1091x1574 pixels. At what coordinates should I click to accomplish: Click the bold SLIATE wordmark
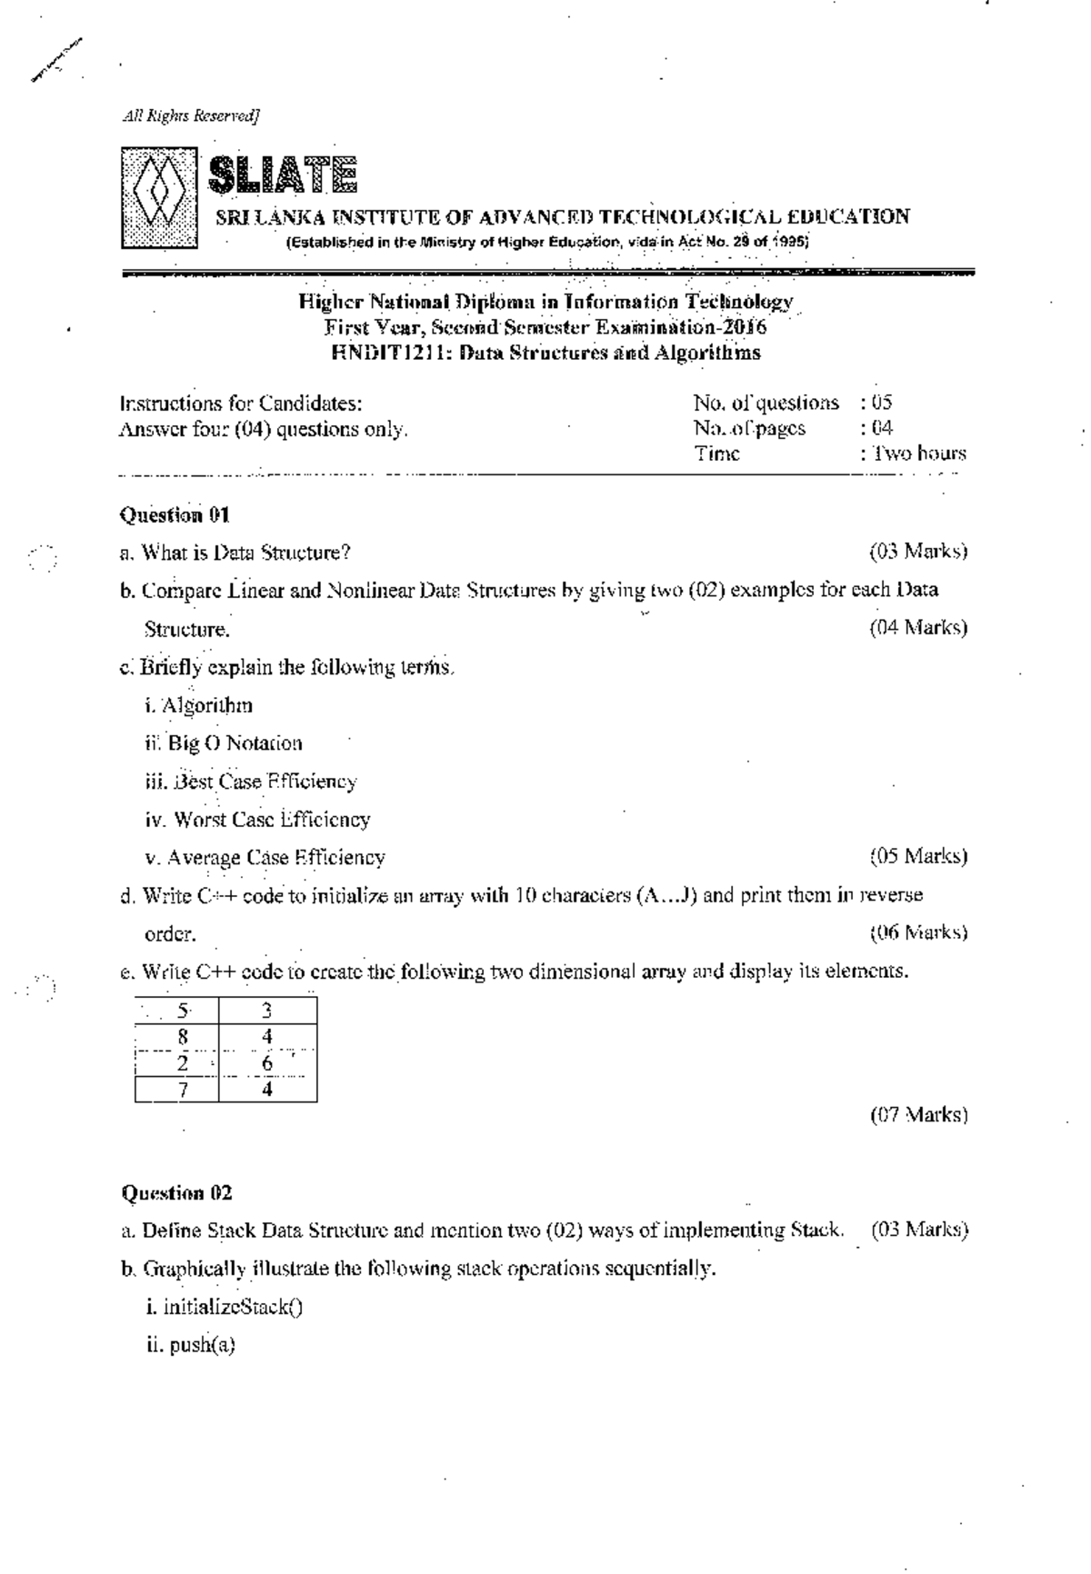tap(283, 175)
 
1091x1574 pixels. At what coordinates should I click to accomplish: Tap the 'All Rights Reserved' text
tap(191, 115)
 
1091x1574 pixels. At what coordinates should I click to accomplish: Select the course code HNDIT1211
tap(388, 353)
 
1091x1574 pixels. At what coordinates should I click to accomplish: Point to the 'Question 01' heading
tap(175, 515)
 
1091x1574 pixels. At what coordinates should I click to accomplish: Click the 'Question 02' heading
tap(177, 1192)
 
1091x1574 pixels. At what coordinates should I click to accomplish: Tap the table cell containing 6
tap(267, 1062)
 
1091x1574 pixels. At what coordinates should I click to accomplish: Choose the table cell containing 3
tap(267, 1010)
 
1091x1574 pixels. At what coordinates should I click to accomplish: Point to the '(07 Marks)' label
tap(918, 1114)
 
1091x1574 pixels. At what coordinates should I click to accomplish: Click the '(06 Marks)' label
tap(918, 932)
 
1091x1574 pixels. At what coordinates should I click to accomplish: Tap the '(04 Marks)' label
tap(918, 627)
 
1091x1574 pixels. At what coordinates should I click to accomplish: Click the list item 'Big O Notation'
tap(235, 743)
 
